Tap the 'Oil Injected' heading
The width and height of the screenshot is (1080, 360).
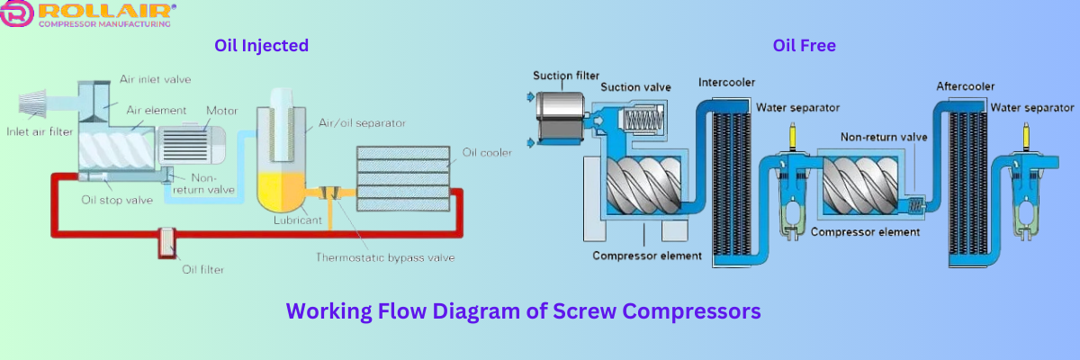pyautogui.click(x=261, y=45)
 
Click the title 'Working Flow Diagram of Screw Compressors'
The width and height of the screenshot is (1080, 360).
pyautogui.click(x=524, y=311)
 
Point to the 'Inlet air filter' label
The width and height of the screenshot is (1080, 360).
pyautogui.click(x=40, y=132)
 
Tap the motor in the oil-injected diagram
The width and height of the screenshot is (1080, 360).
pyautogui.click(x=190, y=143)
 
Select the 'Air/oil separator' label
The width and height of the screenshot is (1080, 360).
pyautogui.click(x=363, y=123)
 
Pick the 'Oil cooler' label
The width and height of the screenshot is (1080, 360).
pyautogui.click(x=487, y=152)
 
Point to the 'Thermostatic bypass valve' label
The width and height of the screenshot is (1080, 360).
pyautogui.click(x=384, y=257)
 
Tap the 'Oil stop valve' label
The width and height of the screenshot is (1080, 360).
pyautogui.click(x=117, y=199)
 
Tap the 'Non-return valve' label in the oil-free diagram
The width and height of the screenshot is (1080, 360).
pyautogui.click(x=884, y=138)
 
